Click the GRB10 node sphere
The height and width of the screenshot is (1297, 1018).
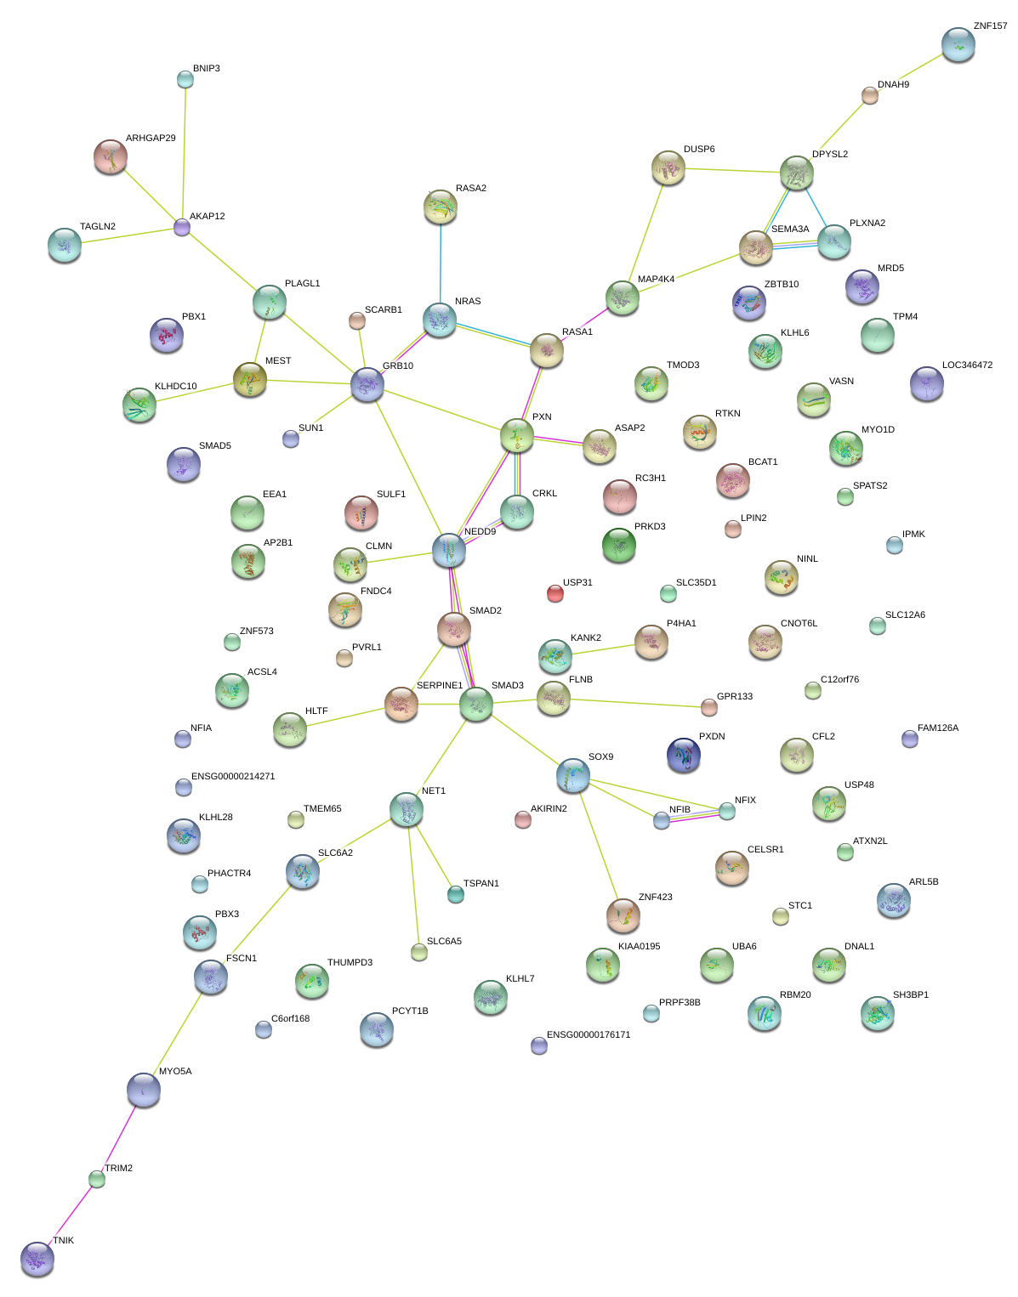[367, 384]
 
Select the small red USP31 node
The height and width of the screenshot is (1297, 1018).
[554, 593]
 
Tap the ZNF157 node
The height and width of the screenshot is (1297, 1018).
[958, 44]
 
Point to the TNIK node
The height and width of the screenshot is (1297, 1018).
[37, 1258]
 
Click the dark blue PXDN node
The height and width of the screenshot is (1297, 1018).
[684, 754]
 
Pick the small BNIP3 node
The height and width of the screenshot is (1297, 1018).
[185, 79]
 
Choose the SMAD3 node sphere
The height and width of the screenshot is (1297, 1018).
[476, 704]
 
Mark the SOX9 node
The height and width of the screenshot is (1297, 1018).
[573, 775]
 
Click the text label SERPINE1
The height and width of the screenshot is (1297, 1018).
[440, 685]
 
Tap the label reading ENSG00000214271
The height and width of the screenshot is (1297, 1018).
[233, 776]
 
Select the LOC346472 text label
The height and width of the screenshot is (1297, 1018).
[967, 365]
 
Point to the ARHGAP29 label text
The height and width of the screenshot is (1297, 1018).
[151, 138]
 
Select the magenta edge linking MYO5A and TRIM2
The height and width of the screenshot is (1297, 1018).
[120, 1135]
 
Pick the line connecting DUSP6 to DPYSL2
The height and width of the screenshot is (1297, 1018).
[733, 170]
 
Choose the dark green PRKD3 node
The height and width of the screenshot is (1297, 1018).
[619, 545]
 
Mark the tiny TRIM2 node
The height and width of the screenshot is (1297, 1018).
[97, 1179]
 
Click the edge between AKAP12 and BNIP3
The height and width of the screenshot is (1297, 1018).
[184, 153]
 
